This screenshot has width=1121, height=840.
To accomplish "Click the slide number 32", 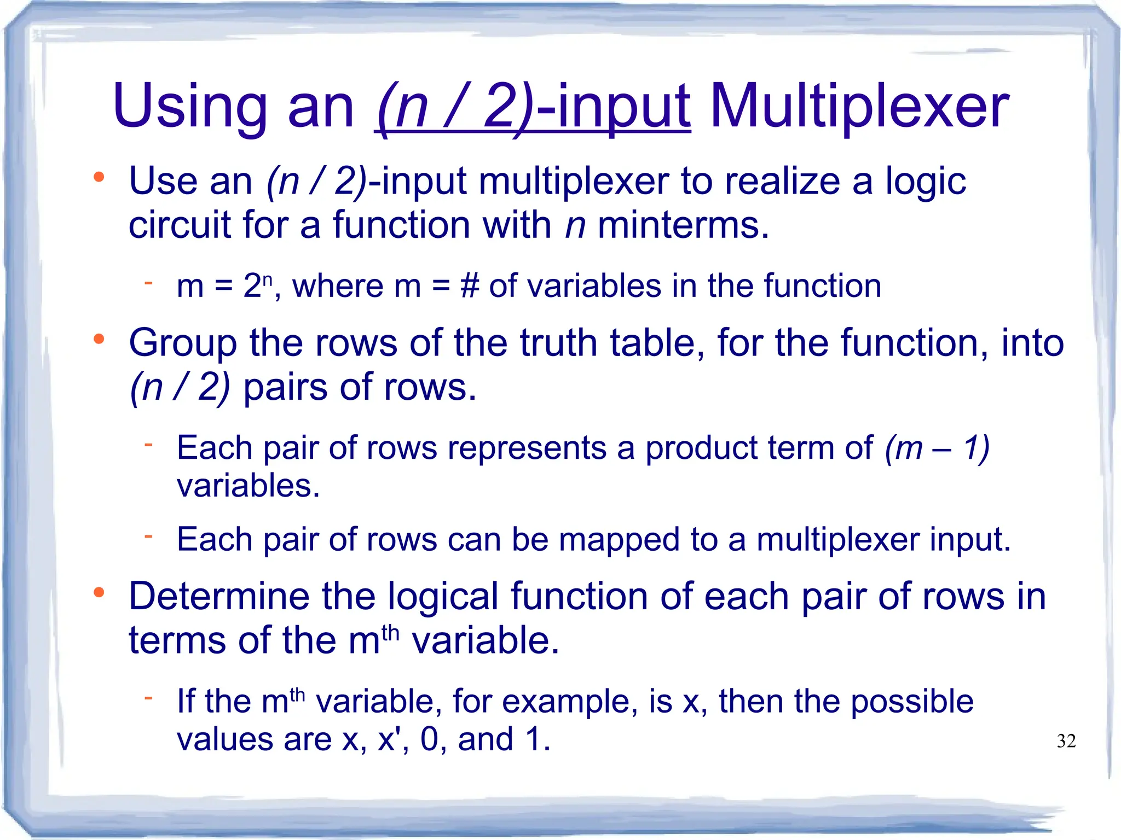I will tap(1066, 741).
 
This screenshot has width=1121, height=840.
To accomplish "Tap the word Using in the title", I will tap(189, 107).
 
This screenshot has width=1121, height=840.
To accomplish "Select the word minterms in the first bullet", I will tap(683, 225).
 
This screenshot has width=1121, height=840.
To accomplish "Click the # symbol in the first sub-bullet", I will tap(470, 285).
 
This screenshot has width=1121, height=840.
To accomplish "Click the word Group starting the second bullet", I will tap(183, 343).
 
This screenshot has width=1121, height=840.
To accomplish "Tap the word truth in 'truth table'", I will tap(558, 343).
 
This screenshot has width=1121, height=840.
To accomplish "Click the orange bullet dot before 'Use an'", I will tap(99, 177).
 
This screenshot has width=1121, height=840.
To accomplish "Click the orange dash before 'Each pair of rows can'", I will tap(148, 536).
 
